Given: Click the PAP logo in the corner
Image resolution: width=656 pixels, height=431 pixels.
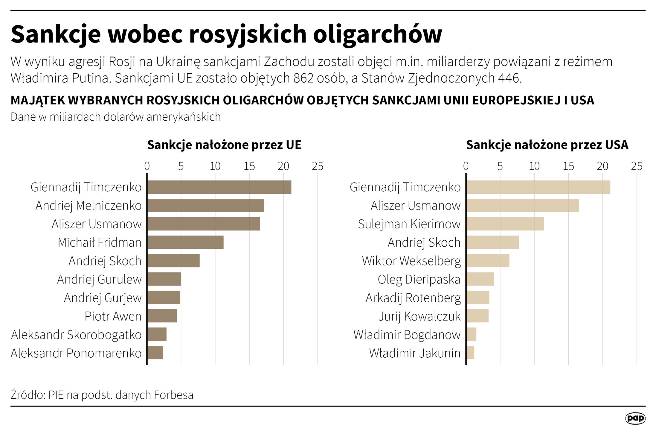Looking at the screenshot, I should point(635,418).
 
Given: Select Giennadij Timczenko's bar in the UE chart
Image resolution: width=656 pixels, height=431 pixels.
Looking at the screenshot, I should point(219,187).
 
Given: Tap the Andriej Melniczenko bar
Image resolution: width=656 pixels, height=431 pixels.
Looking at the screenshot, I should point(205,206).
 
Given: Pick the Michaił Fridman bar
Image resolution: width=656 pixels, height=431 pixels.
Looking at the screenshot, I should point(185,242).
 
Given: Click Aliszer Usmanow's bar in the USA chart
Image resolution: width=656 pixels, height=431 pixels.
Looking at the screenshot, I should point(522,206).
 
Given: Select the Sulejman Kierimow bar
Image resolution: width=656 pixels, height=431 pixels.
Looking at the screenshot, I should point(505,224).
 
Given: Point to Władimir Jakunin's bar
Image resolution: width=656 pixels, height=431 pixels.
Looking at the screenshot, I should point(470,353).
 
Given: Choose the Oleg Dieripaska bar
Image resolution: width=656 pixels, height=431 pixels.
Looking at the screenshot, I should point(480,279).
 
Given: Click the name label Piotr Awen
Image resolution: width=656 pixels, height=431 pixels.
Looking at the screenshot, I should point(113,316).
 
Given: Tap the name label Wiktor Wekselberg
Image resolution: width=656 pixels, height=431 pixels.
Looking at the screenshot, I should point(411,261).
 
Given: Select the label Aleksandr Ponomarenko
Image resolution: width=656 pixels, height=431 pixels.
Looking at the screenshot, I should point(76,353).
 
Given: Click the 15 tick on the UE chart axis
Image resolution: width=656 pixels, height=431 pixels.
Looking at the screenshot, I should point(249,166).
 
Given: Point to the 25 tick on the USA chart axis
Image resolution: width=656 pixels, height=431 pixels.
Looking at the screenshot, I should point(637,166).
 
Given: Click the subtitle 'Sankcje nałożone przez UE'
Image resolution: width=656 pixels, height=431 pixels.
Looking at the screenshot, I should point(224,145).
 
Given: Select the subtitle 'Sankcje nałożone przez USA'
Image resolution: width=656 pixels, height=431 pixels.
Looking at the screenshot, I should point(547,145).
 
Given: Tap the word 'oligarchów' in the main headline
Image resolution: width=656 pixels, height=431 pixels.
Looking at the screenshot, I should point(377,34).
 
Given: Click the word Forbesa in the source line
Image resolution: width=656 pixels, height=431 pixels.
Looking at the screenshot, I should point(173,395).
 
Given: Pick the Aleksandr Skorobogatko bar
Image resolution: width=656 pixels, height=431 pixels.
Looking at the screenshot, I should point(157,334).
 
